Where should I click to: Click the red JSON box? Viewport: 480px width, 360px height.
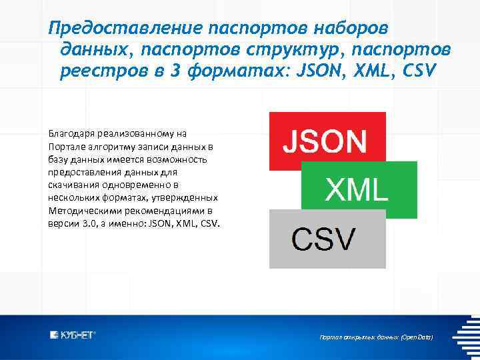327,141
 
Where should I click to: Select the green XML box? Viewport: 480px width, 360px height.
359,190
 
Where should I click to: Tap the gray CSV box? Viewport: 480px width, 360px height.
327,239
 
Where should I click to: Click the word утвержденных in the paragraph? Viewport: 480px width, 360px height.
189,197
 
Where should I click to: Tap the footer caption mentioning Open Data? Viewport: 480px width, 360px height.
376,338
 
